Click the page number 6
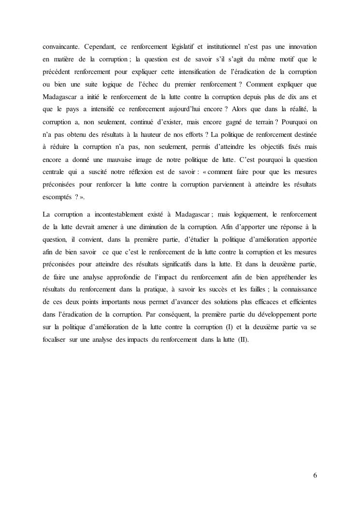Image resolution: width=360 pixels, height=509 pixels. (315, 475)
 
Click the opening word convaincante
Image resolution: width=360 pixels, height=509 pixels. (61, 46)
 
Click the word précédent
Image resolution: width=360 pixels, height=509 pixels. (58, 72)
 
